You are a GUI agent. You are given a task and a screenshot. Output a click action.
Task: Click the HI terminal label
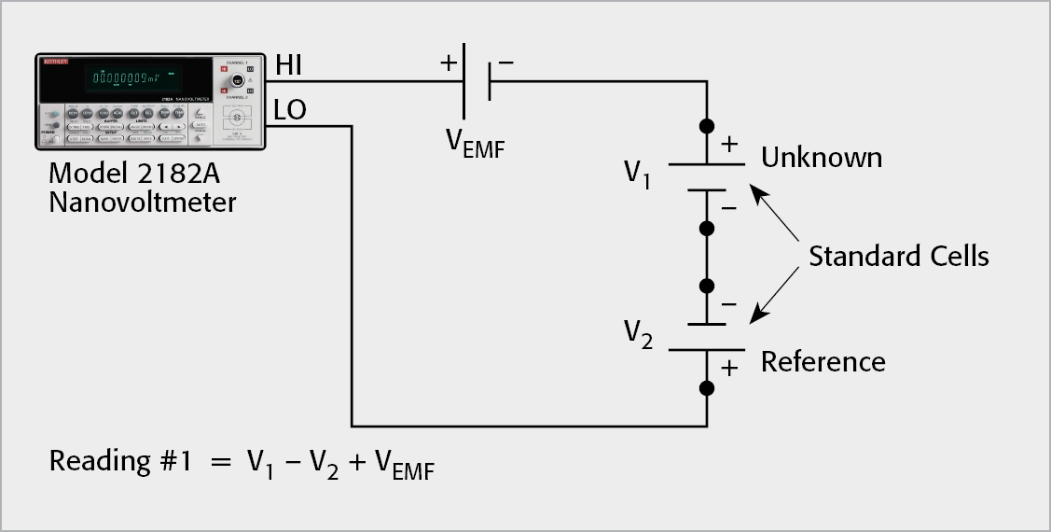tap(288, 66)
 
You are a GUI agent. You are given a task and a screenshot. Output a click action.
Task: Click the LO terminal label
tap(290, 111)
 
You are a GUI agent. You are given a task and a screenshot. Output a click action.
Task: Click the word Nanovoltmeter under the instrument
tap(143, 201)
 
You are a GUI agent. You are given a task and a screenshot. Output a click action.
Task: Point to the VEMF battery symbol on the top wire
tap(477, 81)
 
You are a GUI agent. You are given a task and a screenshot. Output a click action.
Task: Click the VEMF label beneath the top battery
tap(475, 142)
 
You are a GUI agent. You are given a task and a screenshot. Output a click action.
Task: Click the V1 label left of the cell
tap(638, 174)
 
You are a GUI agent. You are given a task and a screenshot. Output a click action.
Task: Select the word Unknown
tap(822, 157)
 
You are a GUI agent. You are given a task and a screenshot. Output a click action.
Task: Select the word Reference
tap(823, 361)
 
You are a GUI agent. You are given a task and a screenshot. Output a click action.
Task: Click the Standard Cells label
tap(898, 256)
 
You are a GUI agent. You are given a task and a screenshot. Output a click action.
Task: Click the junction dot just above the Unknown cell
tap(707, 125)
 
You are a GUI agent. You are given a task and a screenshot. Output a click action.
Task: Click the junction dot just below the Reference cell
tap(707, 387)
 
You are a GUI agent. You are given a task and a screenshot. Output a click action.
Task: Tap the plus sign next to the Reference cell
tap(729, 369)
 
